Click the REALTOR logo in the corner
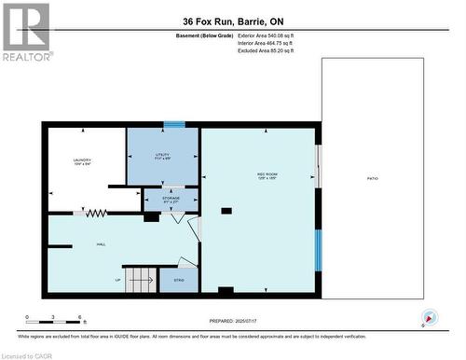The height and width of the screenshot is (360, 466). (26, 32)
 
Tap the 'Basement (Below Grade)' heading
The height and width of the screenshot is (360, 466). (206, 36)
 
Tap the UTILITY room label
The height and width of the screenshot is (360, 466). (162, 155)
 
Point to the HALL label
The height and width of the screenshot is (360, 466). (100, 243)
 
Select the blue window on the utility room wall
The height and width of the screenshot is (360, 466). (174, 124)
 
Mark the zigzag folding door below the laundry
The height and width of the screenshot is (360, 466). (95, 214)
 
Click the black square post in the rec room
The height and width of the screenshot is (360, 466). (226, 211)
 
